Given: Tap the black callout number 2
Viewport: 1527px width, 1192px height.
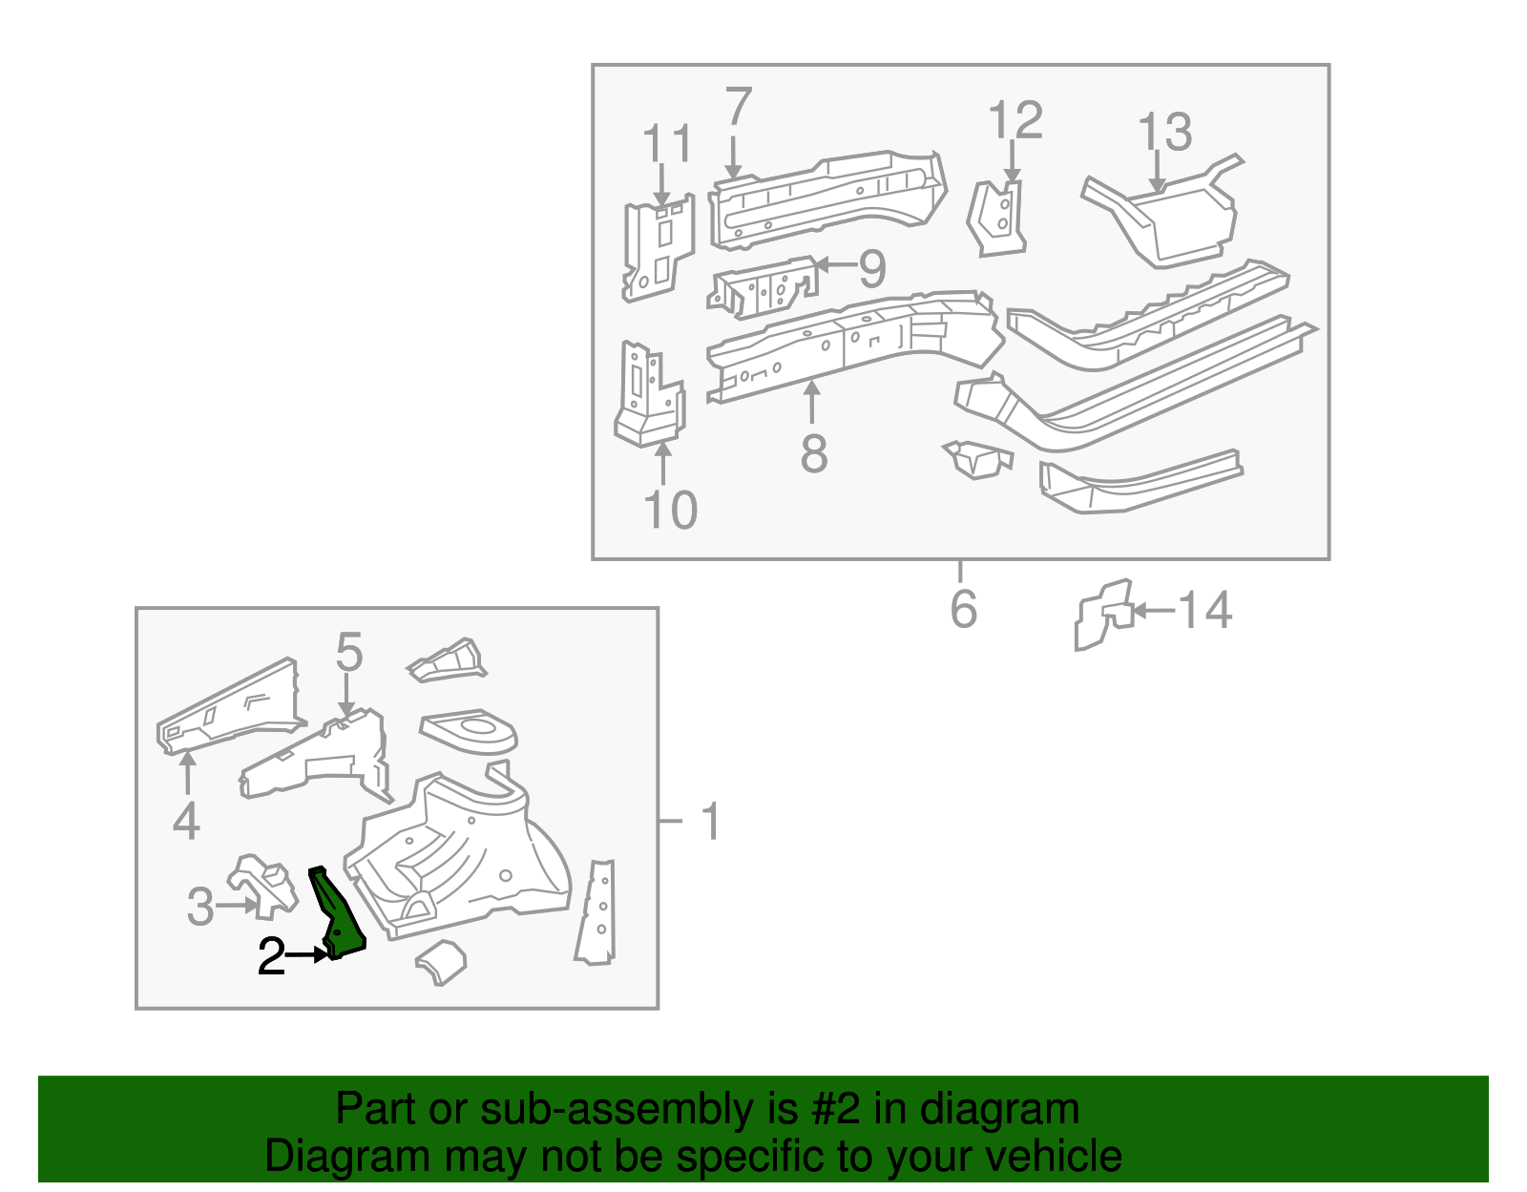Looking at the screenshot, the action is pyautogui.click(x=271, y=956).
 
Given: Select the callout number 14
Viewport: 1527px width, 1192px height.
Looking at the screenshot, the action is pyautogui.click(x=1204, y=611).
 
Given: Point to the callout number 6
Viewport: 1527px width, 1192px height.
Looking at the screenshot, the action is pyautogui.click(x=963, y=609).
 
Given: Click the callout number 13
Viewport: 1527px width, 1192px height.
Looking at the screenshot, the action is pyautogui.click(x=1165, y=132).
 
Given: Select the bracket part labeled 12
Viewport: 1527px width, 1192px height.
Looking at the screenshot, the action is pyautogui.click(x=996, y=218).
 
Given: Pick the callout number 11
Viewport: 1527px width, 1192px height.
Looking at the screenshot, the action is pyautogui.click(x=667, y=144).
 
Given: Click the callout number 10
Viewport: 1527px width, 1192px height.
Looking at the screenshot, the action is pyautogui.click(x=670, y=510).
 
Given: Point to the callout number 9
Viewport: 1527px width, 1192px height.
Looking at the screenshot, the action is pyautogui.click(x=872, y=268).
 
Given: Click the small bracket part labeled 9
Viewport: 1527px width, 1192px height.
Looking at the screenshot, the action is pyautogui.click(x=763, y=287).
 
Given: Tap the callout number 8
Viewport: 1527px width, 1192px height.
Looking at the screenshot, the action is pyautogui.click(x=814, y=453).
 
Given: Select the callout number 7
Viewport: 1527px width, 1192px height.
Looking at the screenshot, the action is pyautogui.click(x=739, y=107).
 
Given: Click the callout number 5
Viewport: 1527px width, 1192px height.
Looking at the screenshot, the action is pyautogui.click(x=348, y=652).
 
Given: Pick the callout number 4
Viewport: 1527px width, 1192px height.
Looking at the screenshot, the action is pyautogui.click(x=186, y=821).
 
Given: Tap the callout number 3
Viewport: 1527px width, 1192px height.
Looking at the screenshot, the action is pyautogui.click(x=199, y=907).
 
